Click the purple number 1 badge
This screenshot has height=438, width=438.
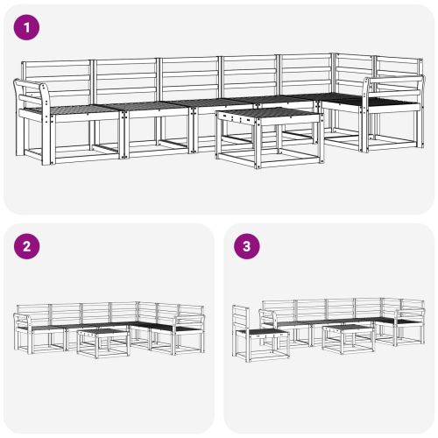28,28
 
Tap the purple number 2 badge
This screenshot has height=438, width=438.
28,247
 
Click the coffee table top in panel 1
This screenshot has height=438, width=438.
265,115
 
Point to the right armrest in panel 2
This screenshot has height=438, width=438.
189,319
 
